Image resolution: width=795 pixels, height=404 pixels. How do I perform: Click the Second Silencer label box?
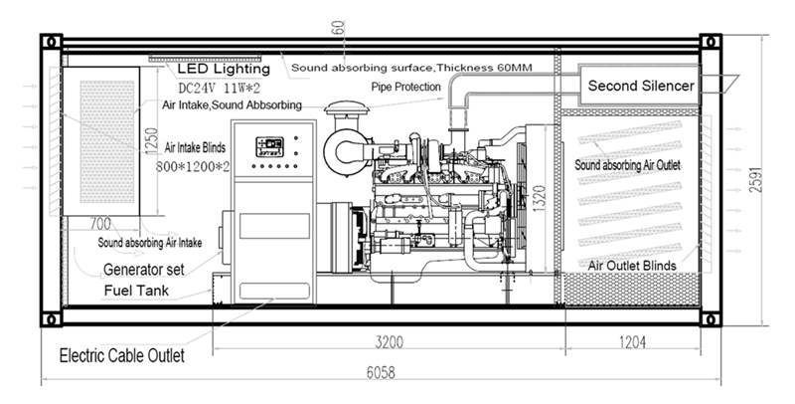pos(641,86)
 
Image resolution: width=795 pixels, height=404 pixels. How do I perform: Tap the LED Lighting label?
pos(224,70)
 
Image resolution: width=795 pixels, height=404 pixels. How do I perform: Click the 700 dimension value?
pos(99,225)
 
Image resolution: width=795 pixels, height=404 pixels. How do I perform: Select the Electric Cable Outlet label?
pos(122,354)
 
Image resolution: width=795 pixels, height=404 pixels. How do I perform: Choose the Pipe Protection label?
pos(405,88)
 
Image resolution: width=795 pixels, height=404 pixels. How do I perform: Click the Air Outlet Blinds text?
pos(633,266)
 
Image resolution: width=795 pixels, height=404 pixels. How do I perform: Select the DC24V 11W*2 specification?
pos(219,87)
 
